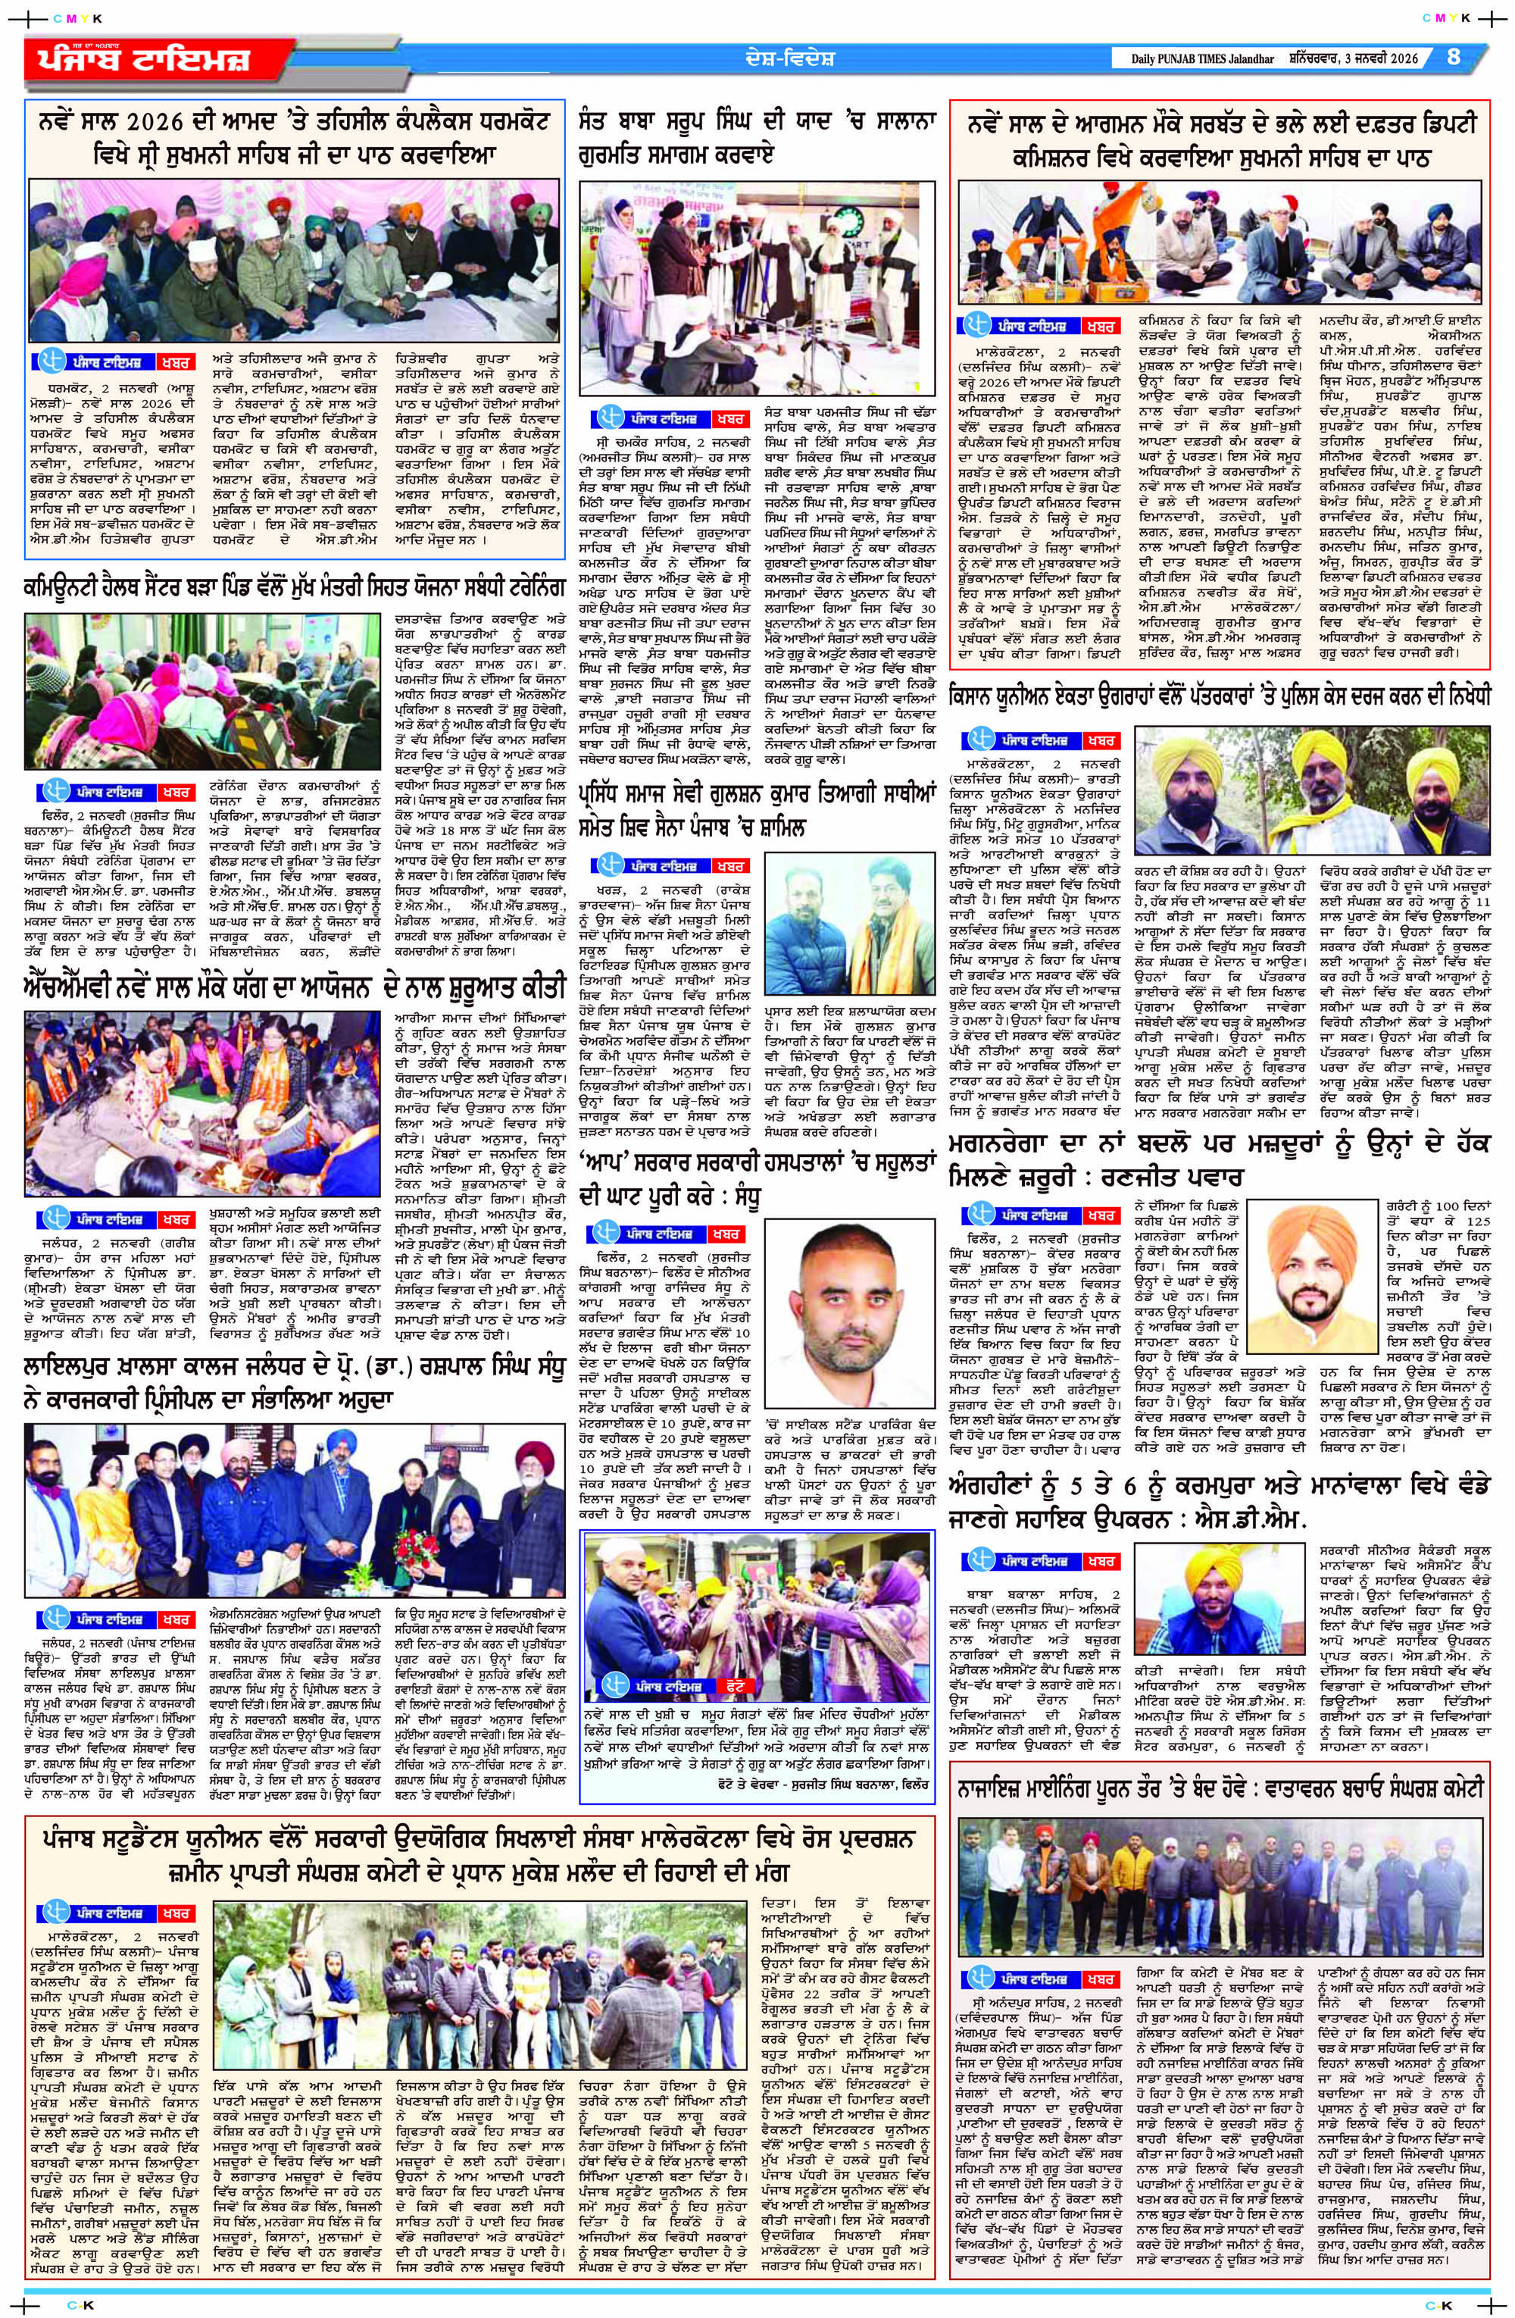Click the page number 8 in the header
tap(1454, 57)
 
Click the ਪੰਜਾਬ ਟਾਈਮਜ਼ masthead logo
tap(136, 59)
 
